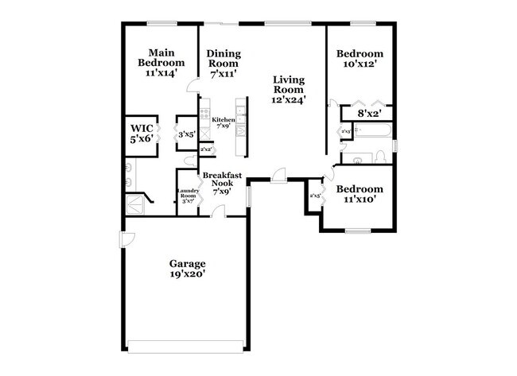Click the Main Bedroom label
[x=161, y=62]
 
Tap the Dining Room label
[x=224, y=63]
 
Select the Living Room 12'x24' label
[x=288, y=89]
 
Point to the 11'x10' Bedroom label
[x=360, y=194]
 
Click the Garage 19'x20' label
[x=187, y=269]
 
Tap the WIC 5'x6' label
[x=142, y=133]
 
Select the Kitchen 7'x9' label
[x=223, y=122]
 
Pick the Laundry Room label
[x=188, y=195]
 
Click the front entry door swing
[x=278, y=175]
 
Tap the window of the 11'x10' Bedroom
[x=356, y=231]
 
